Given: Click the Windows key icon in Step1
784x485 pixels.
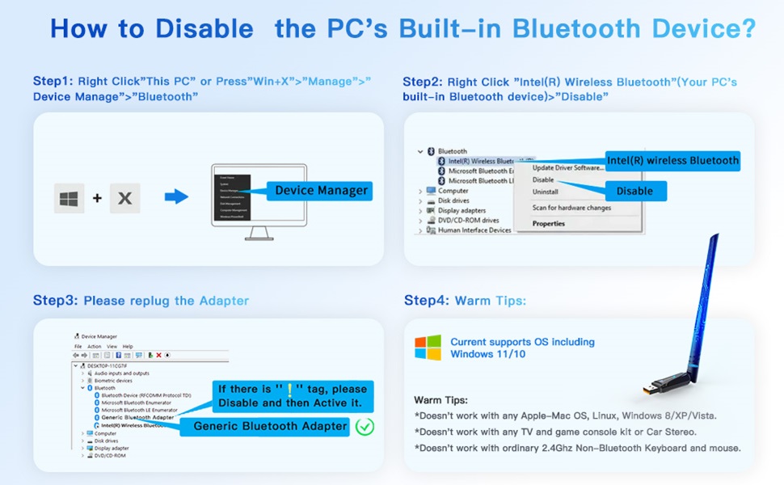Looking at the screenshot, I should pyautogui.click(x=70, y=198).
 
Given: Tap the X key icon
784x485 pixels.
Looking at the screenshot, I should pyautogui.click(x=124, y=198).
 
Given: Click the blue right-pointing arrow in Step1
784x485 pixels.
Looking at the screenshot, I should pyautogui.click(x=176, y=196).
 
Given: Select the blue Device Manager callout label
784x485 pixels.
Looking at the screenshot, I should pyautogui.click(x=321, y=191).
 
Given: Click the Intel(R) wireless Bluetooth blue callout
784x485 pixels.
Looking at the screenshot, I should pyautogui.click(x=672, y=160).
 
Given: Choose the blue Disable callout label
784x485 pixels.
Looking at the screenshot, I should pyautogui.click(x=634, y=191).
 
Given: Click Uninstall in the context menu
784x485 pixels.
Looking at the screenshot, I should pyautogui.click(x=546, y=192).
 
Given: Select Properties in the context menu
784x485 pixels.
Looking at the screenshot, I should pyautogui.click(x=549, y=224).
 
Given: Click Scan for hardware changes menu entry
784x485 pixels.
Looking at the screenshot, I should pyautogui.click(x=571, y=208).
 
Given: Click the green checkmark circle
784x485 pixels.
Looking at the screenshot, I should pyautogui.click(x=365, y=426).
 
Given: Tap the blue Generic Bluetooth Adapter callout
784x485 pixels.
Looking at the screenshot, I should pyautogui.click(x=271, y=426).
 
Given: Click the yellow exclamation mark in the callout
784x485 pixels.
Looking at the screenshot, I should pyautogui.click(x=289, y=389).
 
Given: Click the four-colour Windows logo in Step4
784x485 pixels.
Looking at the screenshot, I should pyautogui.click(x=428, y=348).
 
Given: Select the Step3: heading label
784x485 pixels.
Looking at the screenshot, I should pyautogui.click(x=55, y=301).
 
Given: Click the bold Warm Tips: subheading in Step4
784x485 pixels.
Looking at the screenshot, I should pyautogui.click(x=440, y=400).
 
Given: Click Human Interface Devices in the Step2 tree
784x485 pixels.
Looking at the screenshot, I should pyautogui.click(x=474, y=230).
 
